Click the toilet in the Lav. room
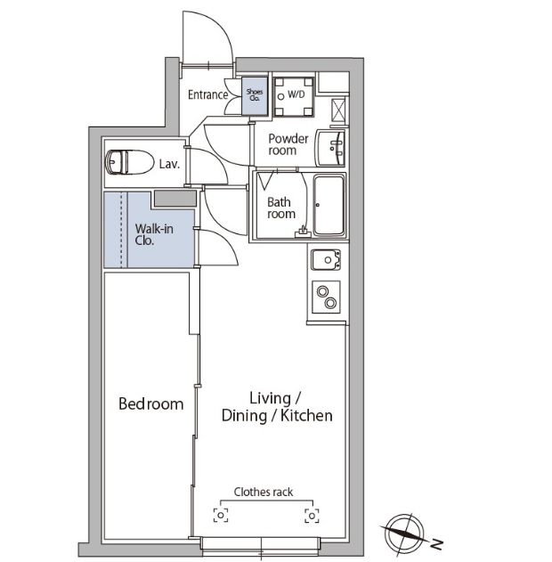point(129,162)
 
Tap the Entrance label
point(207,95)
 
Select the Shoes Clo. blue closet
point(255,95)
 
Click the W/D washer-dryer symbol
point(294,97)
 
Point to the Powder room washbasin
point(330,148)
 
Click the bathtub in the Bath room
point(329,205)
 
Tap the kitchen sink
point(326,259)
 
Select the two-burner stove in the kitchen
point(326,297)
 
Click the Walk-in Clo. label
point(154,235)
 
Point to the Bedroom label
point(150,404)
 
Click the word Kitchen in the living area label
point(306,416)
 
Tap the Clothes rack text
point(264,493)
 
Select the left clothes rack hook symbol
point(221,516)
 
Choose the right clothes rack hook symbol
point(312,516)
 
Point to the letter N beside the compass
point(436,544)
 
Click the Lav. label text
point(169,164)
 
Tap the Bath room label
point(281,208)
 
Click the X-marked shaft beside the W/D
point(338,110)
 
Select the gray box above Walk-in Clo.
point(175,199)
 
